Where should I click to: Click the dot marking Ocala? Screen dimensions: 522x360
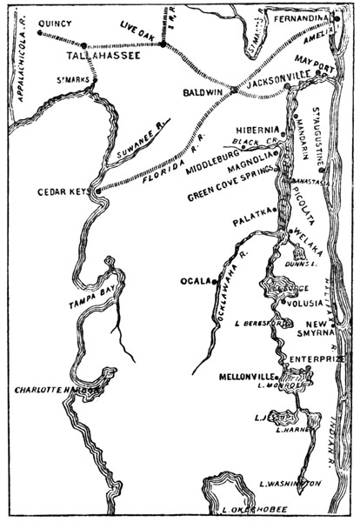point(213,281)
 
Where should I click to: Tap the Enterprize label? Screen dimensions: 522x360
point(317,358)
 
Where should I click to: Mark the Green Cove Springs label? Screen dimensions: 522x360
point(230,197)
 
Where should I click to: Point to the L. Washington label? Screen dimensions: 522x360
point(290,483)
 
